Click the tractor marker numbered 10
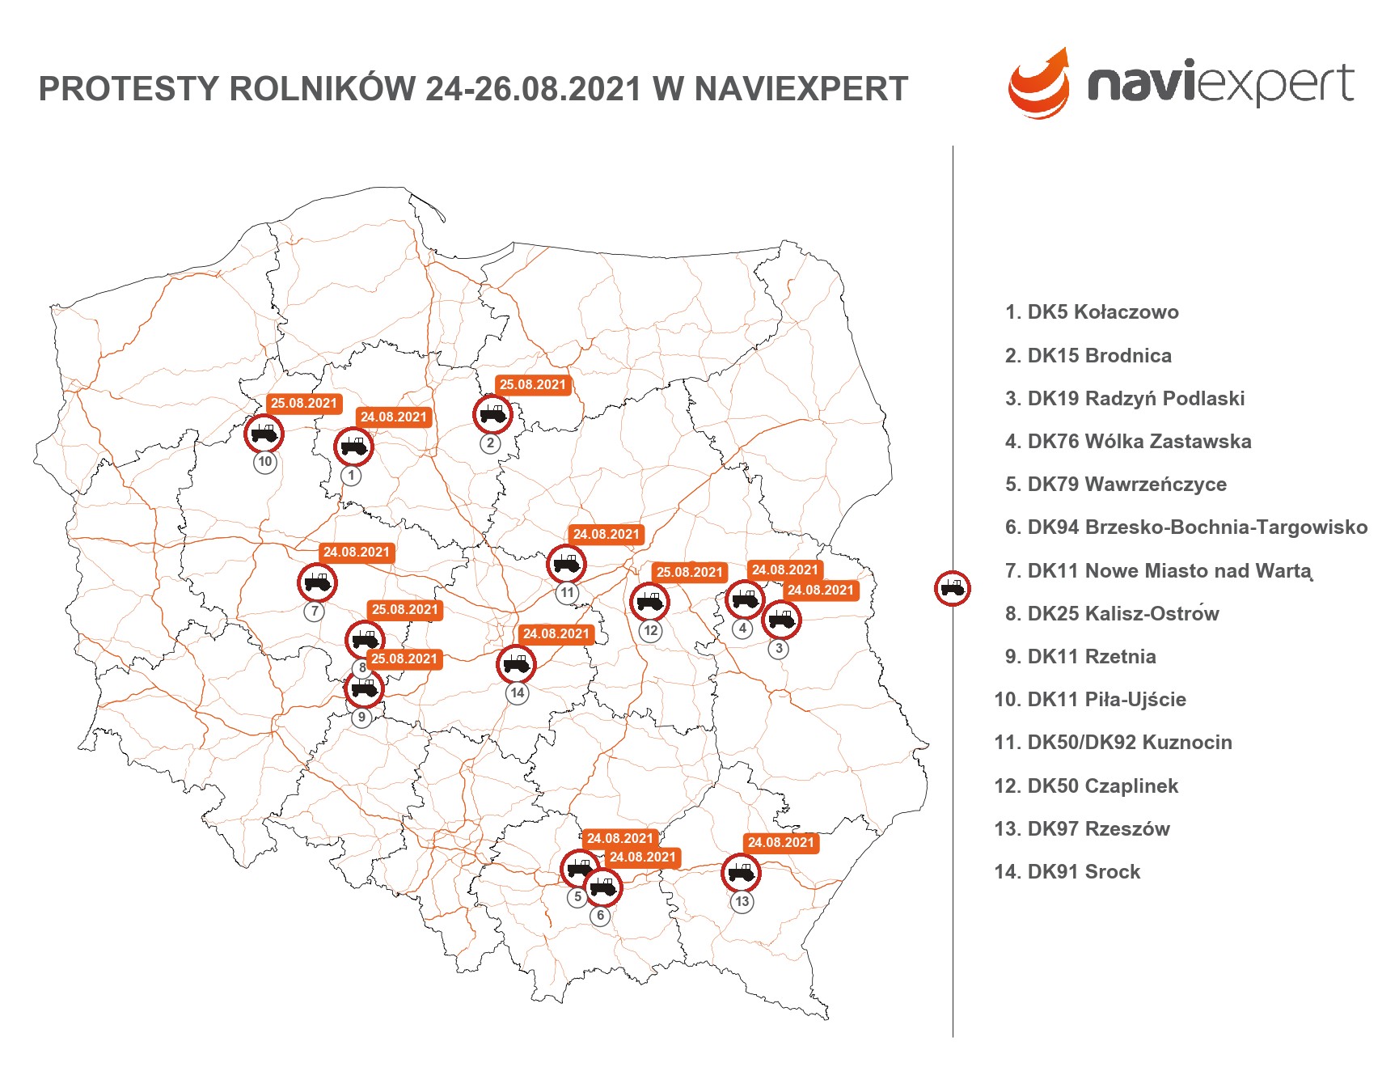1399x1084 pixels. click(x=264, y=434)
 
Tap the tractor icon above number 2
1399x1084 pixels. click(x=492, y=415)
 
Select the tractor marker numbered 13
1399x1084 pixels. click(x=741, y=873)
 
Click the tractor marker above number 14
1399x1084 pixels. click(x=516, y=665)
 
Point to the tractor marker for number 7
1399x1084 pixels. click(x=317, y=582)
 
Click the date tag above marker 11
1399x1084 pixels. click(x=607, y=534)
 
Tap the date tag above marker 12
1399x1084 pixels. click(x=689, y=572)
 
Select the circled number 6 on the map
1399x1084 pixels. click(x=600, y=916)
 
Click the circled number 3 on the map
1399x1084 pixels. click(x=779, y=649)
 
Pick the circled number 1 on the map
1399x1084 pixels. click(x=351, y=476)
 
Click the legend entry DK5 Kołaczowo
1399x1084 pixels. click(x=1092, y=312)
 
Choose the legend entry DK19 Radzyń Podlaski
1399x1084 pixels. click(x=1124, y=398)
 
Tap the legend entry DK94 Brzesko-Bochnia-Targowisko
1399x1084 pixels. click(x=1186, y=527)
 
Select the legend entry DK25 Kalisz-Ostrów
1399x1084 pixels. click(x=1111, y=613)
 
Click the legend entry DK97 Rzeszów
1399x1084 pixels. click(x=1082, y=828)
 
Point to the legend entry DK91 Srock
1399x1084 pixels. click(x=1067, y=871)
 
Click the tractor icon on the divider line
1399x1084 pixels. click(x=953, y=588)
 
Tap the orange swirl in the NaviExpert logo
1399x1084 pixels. click(x=1039, y=85)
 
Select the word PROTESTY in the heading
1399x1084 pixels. click(x=129, y=89)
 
